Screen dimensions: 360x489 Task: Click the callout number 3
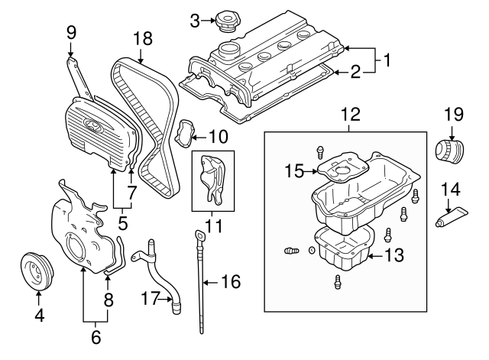click(x=195, y=19)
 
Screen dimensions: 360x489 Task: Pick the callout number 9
click(x=71, y=32)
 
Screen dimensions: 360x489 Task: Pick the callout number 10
click(x=218, y=138)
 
